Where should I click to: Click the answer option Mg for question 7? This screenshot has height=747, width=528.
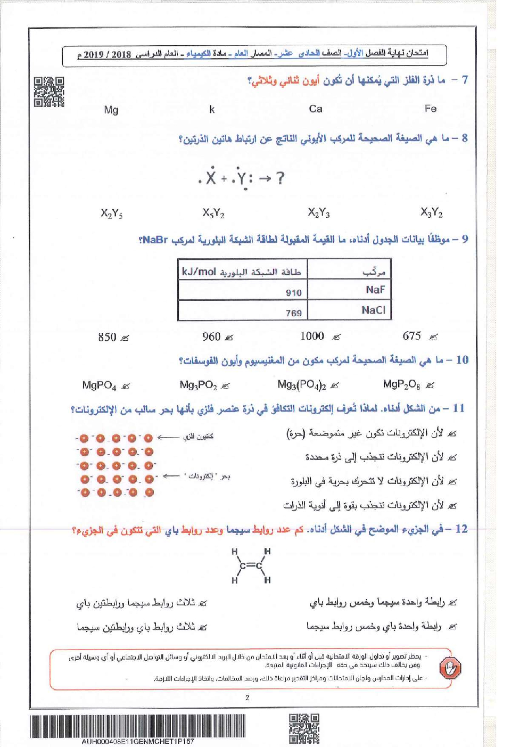pos(111,110)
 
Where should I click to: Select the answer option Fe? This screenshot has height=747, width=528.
pos(431,109)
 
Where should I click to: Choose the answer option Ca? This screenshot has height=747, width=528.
pos(316,109)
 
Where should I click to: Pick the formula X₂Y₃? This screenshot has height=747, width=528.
pos(319,213)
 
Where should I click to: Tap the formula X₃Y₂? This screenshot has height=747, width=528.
pos(431,213)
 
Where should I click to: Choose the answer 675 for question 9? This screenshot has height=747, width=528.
pos(412,336)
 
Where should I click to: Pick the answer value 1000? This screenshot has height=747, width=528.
pos(312,336)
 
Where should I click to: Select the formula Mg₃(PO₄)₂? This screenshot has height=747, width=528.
pos(302,384)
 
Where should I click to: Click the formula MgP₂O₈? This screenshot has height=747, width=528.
pos(401,384)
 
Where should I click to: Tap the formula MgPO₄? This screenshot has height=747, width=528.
pos(99,385)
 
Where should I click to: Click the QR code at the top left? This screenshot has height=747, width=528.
pos(49,92)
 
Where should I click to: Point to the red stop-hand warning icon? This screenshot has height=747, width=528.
pos(451,668)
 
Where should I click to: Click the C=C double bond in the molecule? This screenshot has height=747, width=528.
pos(250,565)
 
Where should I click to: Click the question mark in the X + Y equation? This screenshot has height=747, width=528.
pos(280,178)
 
